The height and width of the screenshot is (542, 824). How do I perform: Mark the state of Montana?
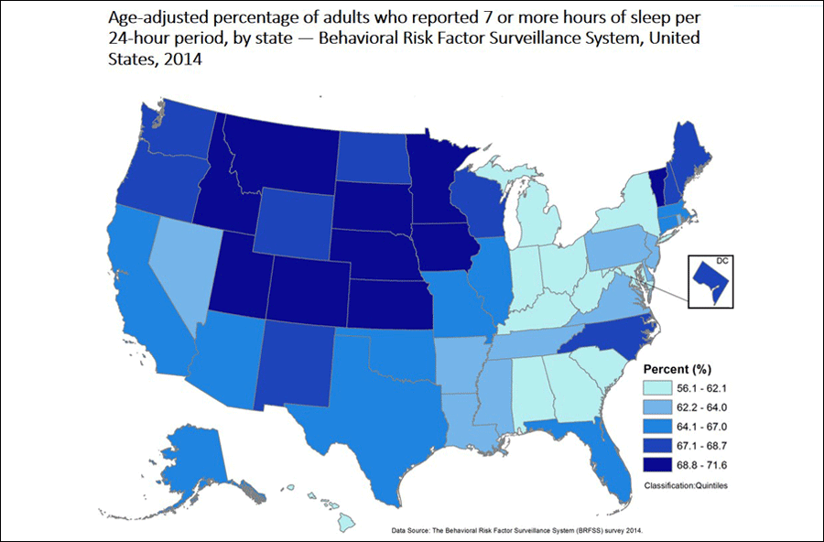[284, 151]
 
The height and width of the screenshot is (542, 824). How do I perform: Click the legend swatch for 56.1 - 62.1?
[664, 389]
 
